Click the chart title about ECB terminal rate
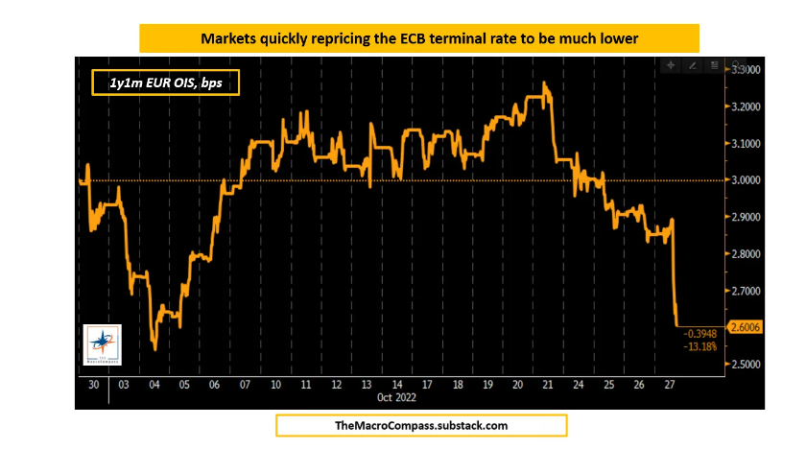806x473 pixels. click(418, 38)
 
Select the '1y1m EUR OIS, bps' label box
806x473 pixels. click(164, 83)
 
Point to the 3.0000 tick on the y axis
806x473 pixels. click(747, 180)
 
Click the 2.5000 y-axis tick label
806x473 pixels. click(747, 365)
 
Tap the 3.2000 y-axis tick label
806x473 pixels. click(747, 106)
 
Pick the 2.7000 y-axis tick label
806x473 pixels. click(747, 291)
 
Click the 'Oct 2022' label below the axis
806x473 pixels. click(394, 397)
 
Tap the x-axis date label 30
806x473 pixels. click(92, 385)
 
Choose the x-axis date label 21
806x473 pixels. click(547, 385)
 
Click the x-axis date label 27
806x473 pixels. click(669, 385)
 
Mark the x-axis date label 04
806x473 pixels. click(156, 385)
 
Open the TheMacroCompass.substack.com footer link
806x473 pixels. click(421, 425)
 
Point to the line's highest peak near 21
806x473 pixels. click(544, 83)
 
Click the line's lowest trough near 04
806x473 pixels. click(155, 349)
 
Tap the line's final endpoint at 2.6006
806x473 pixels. click(678, 327)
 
